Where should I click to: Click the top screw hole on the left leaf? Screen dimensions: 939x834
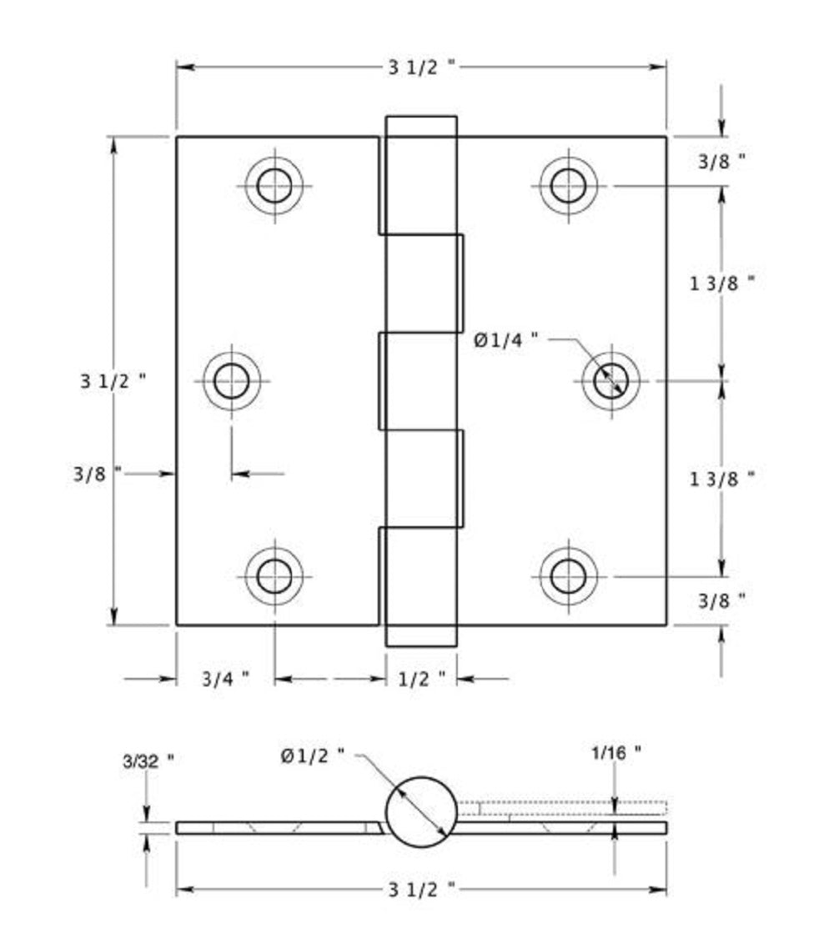coord(274,185)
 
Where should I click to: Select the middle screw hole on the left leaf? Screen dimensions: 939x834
coord(231,381)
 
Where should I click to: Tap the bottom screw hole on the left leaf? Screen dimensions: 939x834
coord(274,575)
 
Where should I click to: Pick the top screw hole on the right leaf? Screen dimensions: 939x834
coord(568,185)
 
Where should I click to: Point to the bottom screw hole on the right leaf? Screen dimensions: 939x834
coord(568,575)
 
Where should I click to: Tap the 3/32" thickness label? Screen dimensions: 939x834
coord(148,761)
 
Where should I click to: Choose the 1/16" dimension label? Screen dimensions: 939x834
coord(616,752)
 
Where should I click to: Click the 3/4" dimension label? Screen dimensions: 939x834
coord(225,679)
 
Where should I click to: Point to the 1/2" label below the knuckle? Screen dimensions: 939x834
coord(422,679)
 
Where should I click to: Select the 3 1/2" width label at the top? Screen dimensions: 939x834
coord(422,68)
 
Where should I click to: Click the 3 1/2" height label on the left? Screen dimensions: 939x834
coord(113,381)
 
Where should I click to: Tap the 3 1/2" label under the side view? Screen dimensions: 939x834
coord(422,890)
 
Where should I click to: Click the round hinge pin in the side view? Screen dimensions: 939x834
coord(422,811)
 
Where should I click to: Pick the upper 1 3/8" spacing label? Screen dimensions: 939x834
coord(722,283)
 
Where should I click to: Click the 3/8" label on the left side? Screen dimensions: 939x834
coord(98,473)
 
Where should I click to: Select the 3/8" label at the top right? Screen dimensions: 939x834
coord(721,162)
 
